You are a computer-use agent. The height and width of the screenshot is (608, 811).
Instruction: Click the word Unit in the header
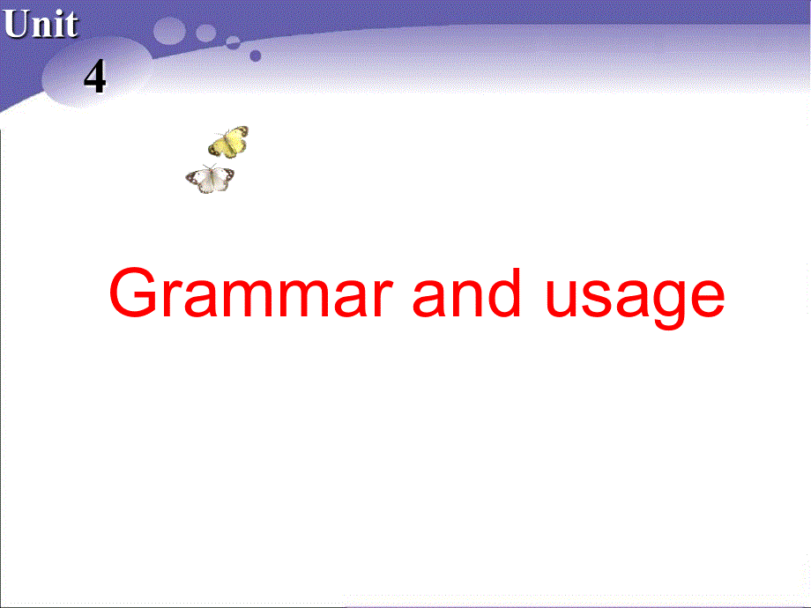click(x=41, y=25)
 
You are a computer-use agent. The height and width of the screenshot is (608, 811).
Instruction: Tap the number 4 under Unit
click(x=94, y=78)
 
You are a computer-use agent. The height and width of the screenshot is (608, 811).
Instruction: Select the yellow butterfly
click(x=228, y=141)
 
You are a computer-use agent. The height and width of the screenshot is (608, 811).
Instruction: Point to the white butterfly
click(x=211, y=179)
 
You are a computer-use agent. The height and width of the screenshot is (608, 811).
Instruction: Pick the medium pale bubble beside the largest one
click(x=206, y=33)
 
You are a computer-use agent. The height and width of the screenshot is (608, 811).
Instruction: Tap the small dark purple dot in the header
click(x=256, y=55)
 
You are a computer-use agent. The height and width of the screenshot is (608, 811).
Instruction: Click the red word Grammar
click(x=249, y=295)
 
